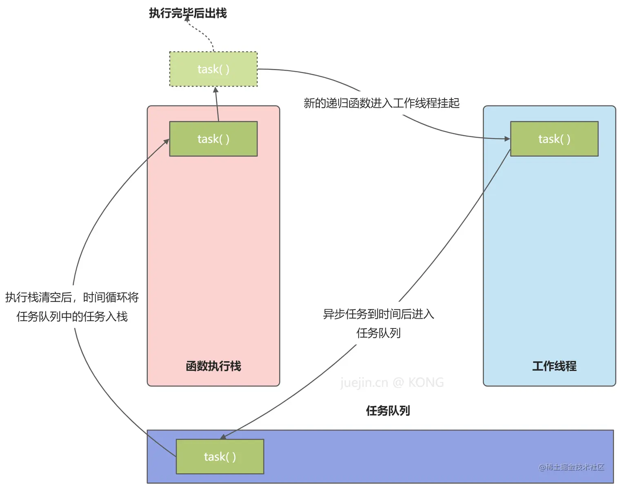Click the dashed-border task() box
click(x=213, y=69)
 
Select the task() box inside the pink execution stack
click(x=213, y=139)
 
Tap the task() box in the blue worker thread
click(x=554, y=139)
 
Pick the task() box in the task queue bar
click(x=220, y=456)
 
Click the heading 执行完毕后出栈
click(x=188, y=13)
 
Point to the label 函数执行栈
click(x=213, y=366)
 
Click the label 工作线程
click(x=554, y=366)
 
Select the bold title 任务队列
click(x=388, y=411)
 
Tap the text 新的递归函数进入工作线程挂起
click(x=382, y=103)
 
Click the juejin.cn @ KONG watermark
click(x=392, y=382)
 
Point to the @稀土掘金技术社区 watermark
click(x=571, y=467)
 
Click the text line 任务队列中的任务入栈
click(x=72, y=316)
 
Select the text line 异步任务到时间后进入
click(x=379, y=314)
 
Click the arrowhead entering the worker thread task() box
click(x=508, y=139)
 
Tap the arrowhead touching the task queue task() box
click(x=223, y=437)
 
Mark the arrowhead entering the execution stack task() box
click(x=166, y=141)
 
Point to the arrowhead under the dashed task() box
click(x=216, y=89)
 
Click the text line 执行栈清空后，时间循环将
click(x=72, y=297)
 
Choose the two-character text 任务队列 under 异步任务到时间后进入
click(x=379, y=333)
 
